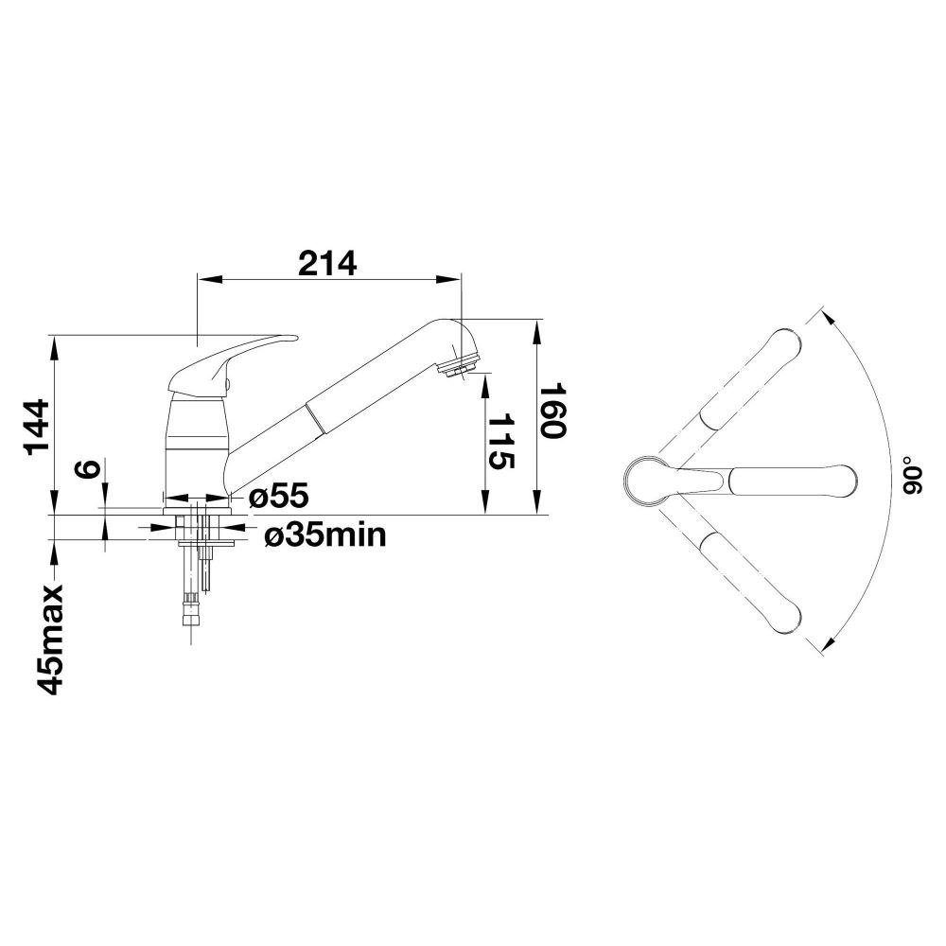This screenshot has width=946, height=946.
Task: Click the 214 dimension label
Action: coord(328,264)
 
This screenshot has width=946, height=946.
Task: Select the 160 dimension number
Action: coord(552,411)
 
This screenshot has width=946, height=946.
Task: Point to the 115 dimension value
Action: coord(500,441)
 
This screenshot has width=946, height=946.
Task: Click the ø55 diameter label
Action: coord(278,496)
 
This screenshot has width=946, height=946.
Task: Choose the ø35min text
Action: coord(325,534)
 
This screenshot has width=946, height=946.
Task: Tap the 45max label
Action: coord(50,639)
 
